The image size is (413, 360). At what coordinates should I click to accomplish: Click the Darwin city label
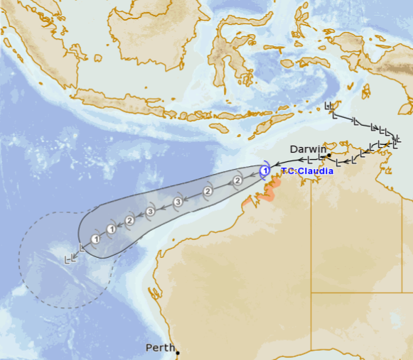(x=308, y=149)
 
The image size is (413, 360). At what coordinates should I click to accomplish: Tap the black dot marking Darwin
(x=329, y=154)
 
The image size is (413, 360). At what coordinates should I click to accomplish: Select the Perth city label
(x=159, y=348)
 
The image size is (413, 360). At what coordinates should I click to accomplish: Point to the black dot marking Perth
(x=178, y=353)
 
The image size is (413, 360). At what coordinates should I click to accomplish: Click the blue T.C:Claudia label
(x=307, y=171)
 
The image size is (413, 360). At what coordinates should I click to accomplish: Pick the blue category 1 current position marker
(x=264, y=171)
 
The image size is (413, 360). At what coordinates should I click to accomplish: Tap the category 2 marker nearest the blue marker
(x=237, y=181)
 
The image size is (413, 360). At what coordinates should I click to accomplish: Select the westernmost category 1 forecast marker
(x=95, y=239)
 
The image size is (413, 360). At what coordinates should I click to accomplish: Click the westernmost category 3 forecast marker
(x=150, y=212)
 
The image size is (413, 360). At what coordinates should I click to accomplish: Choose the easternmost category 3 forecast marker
(x=178, y=202)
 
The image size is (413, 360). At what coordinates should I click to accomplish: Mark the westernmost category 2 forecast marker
(x=129, y=221)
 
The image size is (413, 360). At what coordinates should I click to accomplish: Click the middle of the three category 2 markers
(x=208, y=191)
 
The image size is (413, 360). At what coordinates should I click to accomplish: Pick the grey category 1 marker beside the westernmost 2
(x=112, y=229)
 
